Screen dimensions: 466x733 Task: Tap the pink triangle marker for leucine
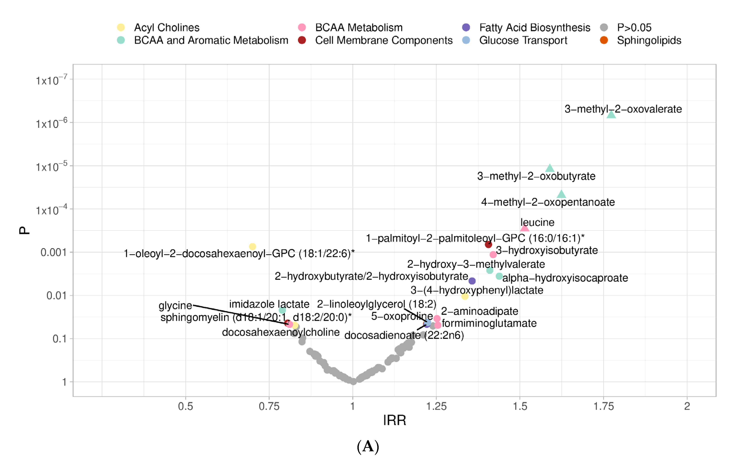point(524,228)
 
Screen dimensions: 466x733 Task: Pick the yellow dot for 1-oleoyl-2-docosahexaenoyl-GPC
point(252,246)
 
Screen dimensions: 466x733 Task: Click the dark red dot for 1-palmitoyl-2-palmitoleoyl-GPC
point(488,244)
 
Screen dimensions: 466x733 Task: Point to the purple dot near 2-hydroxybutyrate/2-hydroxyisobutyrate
point(472,281)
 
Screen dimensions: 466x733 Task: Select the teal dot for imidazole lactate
point(282,310)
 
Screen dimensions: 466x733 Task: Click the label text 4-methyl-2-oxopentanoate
point(548,202)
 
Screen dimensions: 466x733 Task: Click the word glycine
point(175,305)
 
